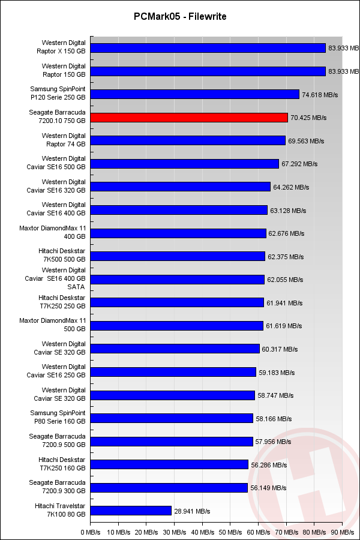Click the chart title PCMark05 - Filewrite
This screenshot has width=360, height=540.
(x=180, y=17)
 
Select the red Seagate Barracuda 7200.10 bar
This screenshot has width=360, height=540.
(x=190, y=118)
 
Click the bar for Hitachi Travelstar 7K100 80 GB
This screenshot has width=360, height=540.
(x=131, y=511)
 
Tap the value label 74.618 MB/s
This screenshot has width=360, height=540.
(x=320, y=95)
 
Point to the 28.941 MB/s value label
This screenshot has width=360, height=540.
(x=192, y=511)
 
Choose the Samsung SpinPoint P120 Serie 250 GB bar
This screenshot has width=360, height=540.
(x=195, y=94)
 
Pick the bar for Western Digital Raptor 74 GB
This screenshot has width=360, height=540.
(x=188, y=140)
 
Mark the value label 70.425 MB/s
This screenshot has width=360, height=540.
(x=308, y=118)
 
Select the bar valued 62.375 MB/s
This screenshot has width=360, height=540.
(x=178, y=256)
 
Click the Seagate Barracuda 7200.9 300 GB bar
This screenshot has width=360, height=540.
(x=170, y=488)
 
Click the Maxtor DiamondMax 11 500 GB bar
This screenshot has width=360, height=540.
(x=177, y=326)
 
